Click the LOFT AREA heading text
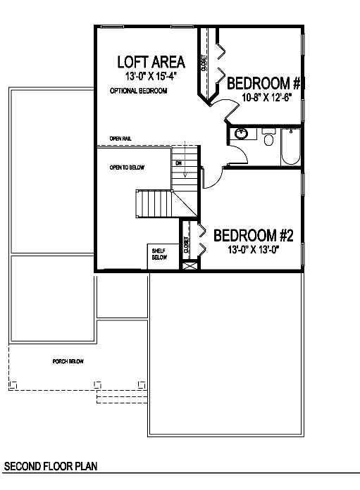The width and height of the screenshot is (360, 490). click(150, 62)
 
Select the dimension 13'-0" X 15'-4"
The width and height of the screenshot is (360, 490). click(150, 77)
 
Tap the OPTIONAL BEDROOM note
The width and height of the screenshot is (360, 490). click(138, 92)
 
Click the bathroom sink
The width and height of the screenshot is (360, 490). click(242, 132)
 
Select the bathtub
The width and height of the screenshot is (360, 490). click(290, 145)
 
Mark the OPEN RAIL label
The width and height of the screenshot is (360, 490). click(120, 138)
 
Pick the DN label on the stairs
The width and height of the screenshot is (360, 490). click(179, 163)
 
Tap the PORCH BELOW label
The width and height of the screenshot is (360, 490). click(68, 361)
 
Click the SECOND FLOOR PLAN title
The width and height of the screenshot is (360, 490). click(50, 467)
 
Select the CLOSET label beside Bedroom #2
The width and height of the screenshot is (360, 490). click(187, 245)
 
